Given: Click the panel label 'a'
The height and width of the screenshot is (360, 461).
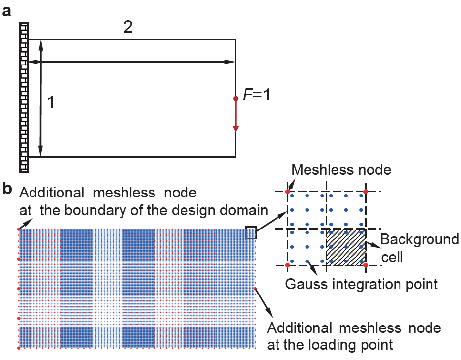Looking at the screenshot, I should (7, 11).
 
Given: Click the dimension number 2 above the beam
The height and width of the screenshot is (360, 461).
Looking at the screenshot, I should (128, 27).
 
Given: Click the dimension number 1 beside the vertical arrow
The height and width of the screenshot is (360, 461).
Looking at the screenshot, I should (50, 102).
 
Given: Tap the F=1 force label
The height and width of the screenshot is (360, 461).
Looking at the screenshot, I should (258, 94).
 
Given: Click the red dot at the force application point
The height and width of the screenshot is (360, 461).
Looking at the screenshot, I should (236, 98).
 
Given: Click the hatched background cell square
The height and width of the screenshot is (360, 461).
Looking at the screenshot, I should (346, 247).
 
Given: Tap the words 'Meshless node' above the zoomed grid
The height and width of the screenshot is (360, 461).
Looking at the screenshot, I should (341, 170).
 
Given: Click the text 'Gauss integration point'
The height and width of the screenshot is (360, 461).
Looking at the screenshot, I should (362, 284).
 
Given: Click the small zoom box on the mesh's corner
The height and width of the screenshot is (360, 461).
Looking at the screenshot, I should (251, 232).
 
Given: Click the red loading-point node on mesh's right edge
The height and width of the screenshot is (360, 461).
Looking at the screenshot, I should (256, 289).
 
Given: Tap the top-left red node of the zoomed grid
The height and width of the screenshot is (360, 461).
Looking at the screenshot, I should (288, 191).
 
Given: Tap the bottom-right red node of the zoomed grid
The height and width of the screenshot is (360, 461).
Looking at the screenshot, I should (366, 265).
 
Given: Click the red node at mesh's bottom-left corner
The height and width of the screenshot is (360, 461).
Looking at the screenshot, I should (19, 348).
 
